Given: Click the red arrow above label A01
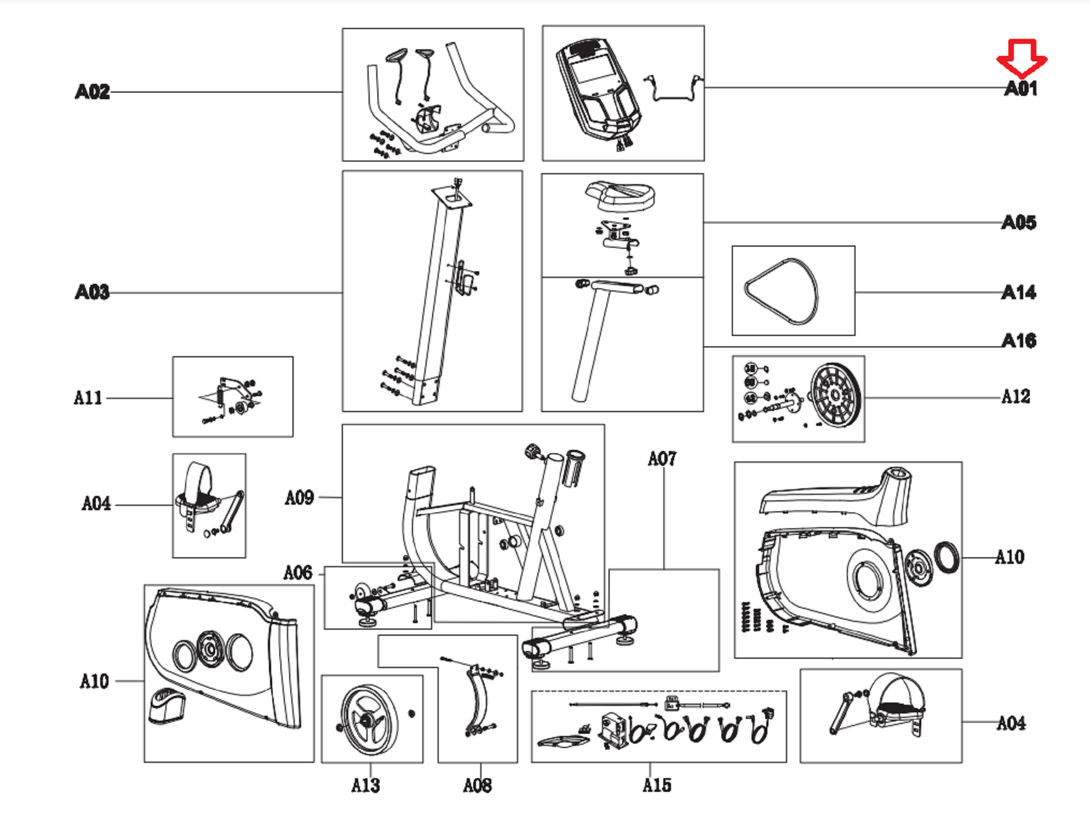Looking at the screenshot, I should (x=1022, y=58).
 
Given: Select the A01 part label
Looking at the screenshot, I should (x=1020, y=88).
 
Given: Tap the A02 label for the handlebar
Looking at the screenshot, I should (x=93, y=92).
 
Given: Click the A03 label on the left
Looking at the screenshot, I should (x=93, y=292).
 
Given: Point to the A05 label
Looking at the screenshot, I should (x=1019, y=222).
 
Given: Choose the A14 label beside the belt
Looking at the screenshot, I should (x=1019, y=293).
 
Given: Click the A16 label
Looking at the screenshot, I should (x=1019, y=341).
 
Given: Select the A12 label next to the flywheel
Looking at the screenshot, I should (x=1016, y=396).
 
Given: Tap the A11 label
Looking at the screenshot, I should (x=88, y=397).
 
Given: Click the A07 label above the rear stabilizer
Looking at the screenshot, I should (x=662, y=459).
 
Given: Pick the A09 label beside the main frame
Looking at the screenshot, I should (x=299, y=498).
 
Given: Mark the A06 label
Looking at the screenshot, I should (x=297, y=573).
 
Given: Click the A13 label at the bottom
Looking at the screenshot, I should (x=365, y=785).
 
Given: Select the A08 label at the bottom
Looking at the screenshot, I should (x=477, y=785).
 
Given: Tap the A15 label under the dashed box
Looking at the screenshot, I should (x=657, y=785).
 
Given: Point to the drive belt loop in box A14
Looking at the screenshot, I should (x=782, y=292).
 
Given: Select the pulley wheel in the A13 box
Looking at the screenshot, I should (x=369, y=719).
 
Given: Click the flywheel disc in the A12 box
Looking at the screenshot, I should (x=834, y=395).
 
